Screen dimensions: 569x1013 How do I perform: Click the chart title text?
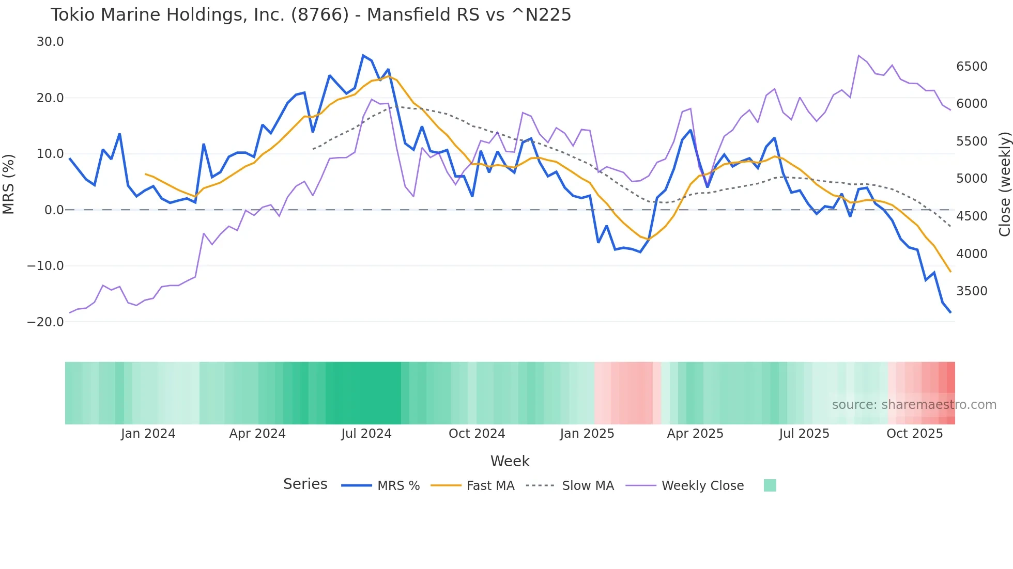click(x=311, y=15)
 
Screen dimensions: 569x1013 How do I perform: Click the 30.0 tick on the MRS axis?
click(x=50, y=42)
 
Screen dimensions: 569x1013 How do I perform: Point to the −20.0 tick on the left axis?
click(x=45, y=322)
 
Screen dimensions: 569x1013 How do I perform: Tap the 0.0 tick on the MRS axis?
click(x=54, y=210)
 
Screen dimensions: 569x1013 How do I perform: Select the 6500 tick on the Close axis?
click(x=972, y=67)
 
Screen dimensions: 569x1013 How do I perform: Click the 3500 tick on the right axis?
click(x=972, y=291)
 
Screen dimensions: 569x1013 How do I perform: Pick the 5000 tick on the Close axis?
click(x=972, y=179)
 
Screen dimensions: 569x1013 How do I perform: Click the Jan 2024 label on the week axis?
click(x=148, y=434)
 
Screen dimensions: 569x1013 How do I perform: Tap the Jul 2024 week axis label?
click(x=366, y=434)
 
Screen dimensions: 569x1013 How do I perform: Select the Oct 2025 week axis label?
click(x=915, y=434)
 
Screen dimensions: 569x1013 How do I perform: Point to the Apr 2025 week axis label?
click(x=695, y=434)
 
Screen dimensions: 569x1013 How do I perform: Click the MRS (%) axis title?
click(x=9, y=184)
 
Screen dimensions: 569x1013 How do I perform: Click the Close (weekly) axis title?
click(x=1004, y=184)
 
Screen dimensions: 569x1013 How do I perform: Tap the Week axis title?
click(x=510, y=461)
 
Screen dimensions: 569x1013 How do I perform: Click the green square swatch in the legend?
click(x=770, y=485)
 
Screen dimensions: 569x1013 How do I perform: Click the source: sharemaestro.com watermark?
click(x=914, y=405)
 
